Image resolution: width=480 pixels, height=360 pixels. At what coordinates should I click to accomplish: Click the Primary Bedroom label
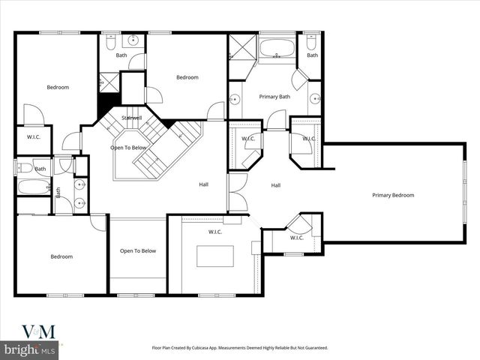393,195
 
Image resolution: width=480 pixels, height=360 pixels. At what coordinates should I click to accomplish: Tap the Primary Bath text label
274,97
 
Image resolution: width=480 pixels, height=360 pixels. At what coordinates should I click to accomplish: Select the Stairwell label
132,118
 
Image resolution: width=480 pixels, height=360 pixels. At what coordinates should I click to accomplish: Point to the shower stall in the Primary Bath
241,47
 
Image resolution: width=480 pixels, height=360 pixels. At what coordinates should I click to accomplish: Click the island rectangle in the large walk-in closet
216,256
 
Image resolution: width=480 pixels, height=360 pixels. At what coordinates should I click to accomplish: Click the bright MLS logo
30,349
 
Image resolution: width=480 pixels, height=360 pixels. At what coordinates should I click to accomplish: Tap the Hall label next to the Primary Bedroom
276,185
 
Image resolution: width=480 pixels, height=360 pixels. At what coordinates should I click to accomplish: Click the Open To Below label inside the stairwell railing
128,148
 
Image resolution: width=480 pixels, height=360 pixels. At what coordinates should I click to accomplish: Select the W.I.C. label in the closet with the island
216,232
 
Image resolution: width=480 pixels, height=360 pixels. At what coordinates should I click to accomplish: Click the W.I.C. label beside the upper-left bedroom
33,136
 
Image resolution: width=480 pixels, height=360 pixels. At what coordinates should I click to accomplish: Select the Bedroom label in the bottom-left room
61,256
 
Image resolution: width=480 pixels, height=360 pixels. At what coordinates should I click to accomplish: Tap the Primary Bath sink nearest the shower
234,97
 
